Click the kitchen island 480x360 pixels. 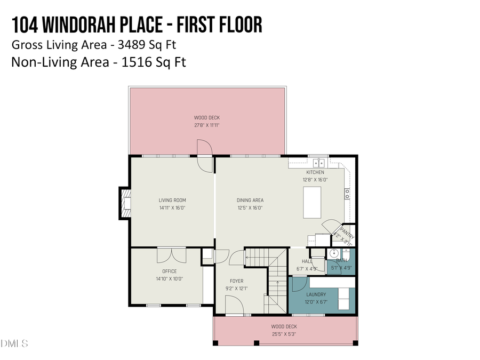point(312,202)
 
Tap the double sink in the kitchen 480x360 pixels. point(319,163)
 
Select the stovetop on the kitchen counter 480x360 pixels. point(347,192)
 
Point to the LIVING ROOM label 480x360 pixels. point(172,201)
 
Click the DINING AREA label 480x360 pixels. point(250,201)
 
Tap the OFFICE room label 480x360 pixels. point(169,271)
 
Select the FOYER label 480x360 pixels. point(236,281)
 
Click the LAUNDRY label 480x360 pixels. point(316,294)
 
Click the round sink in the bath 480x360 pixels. point(334,253)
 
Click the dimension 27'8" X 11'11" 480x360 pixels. point(206,125)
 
